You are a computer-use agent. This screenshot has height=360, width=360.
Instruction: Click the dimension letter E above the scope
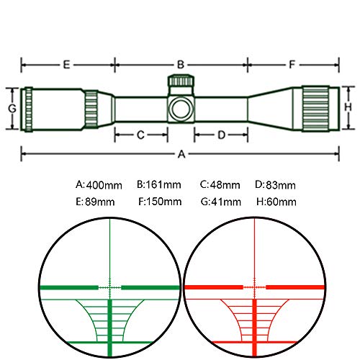[x=66, y=65]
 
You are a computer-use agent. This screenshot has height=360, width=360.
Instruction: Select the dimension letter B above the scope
[x=181, y=65]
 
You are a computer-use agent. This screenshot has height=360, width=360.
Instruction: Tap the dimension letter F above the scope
[x=292, y=65]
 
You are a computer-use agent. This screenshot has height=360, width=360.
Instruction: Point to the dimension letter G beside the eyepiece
[x=12, y=109]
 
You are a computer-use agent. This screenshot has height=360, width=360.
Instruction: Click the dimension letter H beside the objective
[x=348, y=107]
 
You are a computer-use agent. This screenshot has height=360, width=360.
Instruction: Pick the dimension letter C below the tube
[x=140, y=135]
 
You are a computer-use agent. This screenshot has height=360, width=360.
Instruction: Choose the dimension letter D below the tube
[x=222, y=135]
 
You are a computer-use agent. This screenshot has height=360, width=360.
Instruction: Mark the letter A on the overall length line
[x=181, y=154]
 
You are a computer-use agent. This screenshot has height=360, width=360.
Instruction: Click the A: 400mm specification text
[x=99, y=185]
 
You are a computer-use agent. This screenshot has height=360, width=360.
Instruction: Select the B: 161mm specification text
[x=159, y=185]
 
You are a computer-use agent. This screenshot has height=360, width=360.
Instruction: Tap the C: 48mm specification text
[x=220, y=185]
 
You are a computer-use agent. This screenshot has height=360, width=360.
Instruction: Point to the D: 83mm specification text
[x=275, y=185]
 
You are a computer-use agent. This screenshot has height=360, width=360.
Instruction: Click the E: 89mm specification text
[x=95, y=202]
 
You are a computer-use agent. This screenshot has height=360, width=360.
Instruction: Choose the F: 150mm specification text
[x=160, y=202]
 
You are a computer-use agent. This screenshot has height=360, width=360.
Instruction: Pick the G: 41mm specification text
[x=221, y=202]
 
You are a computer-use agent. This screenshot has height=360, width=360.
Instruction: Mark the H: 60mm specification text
[x=276, y=202]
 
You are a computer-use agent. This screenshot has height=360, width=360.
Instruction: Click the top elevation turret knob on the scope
[x=181, y=81]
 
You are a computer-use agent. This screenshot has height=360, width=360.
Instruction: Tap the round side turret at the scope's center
[x=181, y=109]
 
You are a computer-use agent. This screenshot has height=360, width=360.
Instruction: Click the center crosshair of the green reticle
[x=110, y=287]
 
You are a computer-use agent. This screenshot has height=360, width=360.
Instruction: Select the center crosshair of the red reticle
[x=255, y=287]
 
